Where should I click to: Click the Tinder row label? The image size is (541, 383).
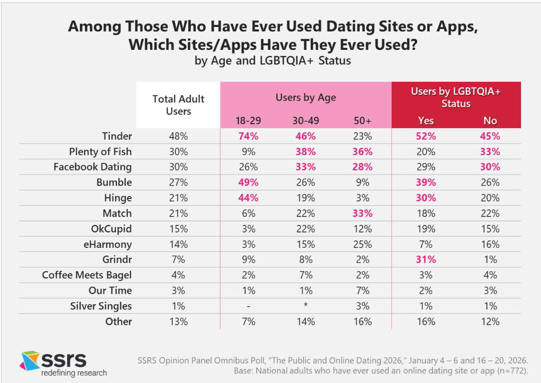coord(116,136)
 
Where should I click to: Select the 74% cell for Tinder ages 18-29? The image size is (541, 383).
coord(249,136)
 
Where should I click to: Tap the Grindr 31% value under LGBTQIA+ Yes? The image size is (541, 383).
coord(426,260)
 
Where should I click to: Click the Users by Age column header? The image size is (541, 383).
coord(305,97)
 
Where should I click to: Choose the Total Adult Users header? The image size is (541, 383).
coord(178,105)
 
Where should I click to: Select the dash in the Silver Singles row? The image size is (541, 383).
coord(249,306)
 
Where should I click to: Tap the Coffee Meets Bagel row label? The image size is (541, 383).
coord(87,275)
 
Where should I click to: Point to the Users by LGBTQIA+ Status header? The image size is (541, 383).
coord(456,97)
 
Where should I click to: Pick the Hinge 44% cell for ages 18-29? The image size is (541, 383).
coord(249,198)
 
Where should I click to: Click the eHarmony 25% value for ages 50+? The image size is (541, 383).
coord(362,244)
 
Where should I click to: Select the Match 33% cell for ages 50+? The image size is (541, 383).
coord(362,213)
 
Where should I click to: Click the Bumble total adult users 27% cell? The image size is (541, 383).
coord(178,183)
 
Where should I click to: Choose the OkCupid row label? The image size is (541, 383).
coord(110,229)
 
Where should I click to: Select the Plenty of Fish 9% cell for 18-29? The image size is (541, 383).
coord(249,152)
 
